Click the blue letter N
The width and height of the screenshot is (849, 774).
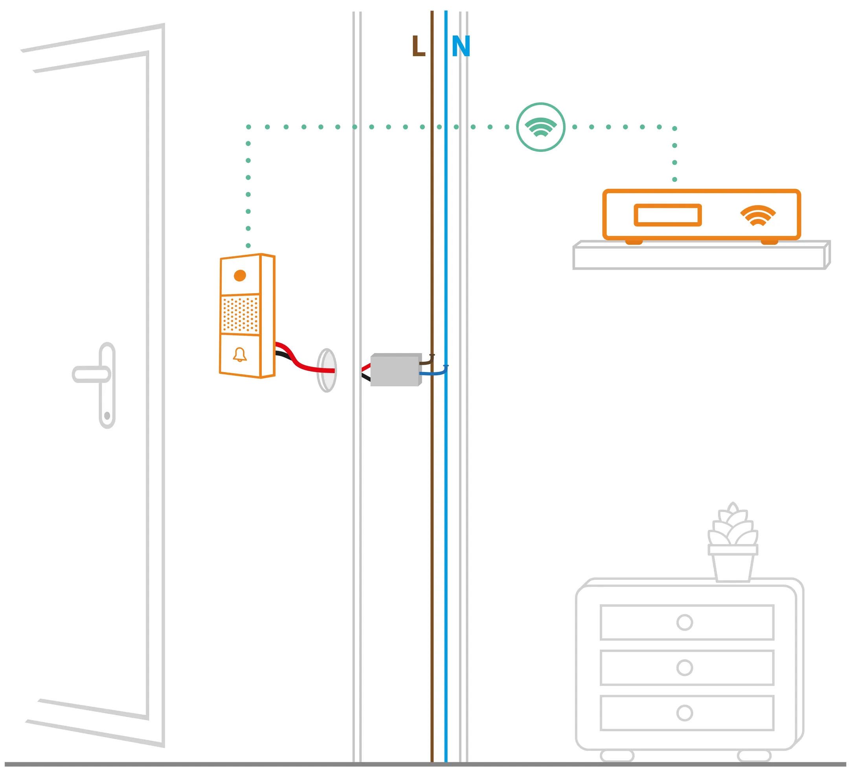pyautogui.click(x=461, y=46)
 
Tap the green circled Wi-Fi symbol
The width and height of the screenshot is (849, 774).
pyautogui.click(x=541, y=127)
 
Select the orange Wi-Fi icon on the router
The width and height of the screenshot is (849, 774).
pyautogui.click(x=758, y=215)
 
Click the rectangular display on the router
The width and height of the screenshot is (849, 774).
pyautogui.click(x=667, y=215)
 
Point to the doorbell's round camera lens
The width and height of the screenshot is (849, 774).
pyautogui.click(x=240, y=276)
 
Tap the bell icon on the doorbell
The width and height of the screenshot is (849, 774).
pyautogui.click(x=240, y=355)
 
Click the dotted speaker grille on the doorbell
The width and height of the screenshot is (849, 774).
pyautogui.click(x=240, y=314)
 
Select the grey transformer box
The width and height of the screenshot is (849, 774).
pyautogui.click(x=395, y=370)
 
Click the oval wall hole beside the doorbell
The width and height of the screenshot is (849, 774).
pyautogui.click(x=327, y=371)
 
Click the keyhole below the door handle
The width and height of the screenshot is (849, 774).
pyautogui.click(x=107, y=415)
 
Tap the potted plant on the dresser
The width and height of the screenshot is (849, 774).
pyautogui.click(x=733, y=543)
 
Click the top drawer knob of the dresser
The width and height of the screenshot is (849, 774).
pyautogui.click(x=685, y=622)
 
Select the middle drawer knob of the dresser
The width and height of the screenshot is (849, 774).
pyautogui.click(x=685, y=667)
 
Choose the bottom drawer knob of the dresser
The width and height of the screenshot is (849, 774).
pyautogui.click(x=685, y=713)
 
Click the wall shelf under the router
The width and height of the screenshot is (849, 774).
pyautogui.click(x=699, y=258)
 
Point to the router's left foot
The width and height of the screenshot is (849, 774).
pyautogui.click(x=634, y=242)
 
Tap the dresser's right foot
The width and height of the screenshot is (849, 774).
pyautogui.click(x=754, y=756)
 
